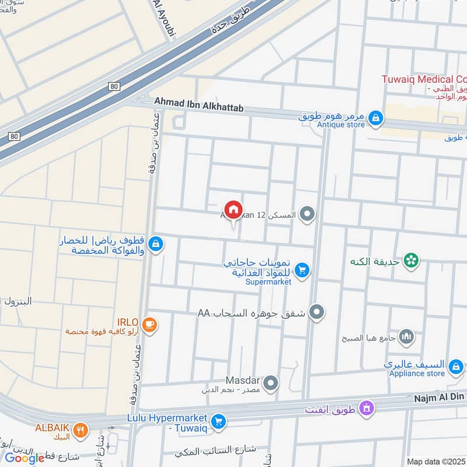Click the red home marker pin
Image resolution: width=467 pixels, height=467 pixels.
tap(233, 209)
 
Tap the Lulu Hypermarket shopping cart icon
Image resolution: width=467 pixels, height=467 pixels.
tap(218, 421)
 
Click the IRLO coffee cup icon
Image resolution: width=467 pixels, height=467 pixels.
tap(149, 325)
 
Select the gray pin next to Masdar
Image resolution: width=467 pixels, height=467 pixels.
tap(270, 384)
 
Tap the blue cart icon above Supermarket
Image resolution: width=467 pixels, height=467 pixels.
tap(302, 269)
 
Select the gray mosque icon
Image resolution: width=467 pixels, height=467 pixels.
tap(407, 336)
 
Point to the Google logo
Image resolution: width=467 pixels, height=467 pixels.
tap(25, 458)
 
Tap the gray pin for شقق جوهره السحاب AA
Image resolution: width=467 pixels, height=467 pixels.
tap(316, 312)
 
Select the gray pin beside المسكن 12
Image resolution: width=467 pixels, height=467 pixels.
tap(307, 215)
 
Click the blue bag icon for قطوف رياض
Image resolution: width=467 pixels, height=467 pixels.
tap(155, 244)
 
